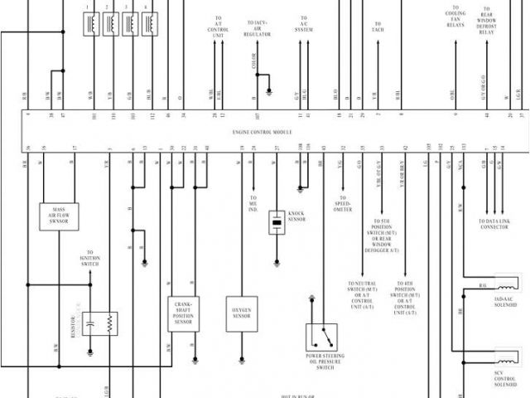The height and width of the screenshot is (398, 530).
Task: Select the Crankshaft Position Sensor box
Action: click(x=183, y=315)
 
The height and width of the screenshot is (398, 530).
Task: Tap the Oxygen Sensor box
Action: click(x=242, y=315)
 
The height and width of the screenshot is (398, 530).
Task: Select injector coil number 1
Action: click(x=89, y=25)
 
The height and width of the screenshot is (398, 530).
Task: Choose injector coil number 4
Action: click(x=148, y=25)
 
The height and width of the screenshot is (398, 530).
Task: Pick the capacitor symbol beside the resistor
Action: click(x=91, y=323)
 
